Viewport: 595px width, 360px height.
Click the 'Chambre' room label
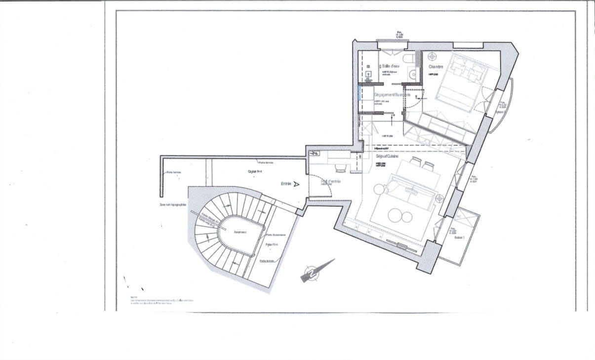point(436,67)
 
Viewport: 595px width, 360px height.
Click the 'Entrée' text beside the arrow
point(286,184)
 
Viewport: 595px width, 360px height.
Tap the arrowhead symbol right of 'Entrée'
point(296,184)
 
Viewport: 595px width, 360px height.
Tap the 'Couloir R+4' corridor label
point(255,171)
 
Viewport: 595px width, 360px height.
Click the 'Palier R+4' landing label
point(272,244)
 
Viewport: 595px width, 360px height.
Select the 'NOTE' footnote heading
point(133,297)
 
